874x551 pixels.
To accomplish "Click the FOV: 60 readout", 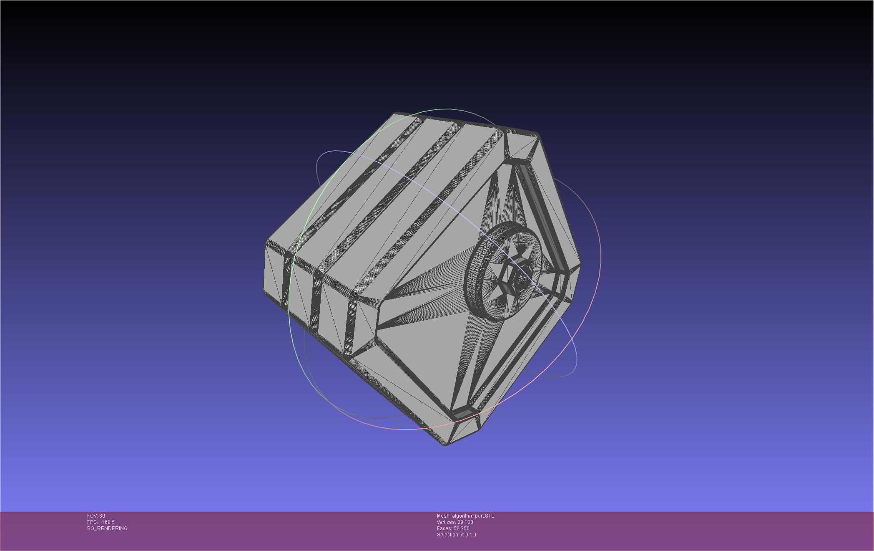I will click(96, 516).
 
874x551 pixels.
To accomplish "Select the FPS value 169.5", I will click(108, 522).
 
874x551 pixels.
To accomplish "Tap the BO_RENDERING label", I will click(107, 528).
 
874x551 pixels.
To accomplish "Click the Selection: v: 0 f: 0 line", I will click(456, 535).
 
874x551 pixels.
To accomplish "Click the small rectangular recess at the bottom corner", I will click(463, 414).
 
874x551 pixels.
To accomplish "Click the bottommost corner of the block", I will click(445, 445).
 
